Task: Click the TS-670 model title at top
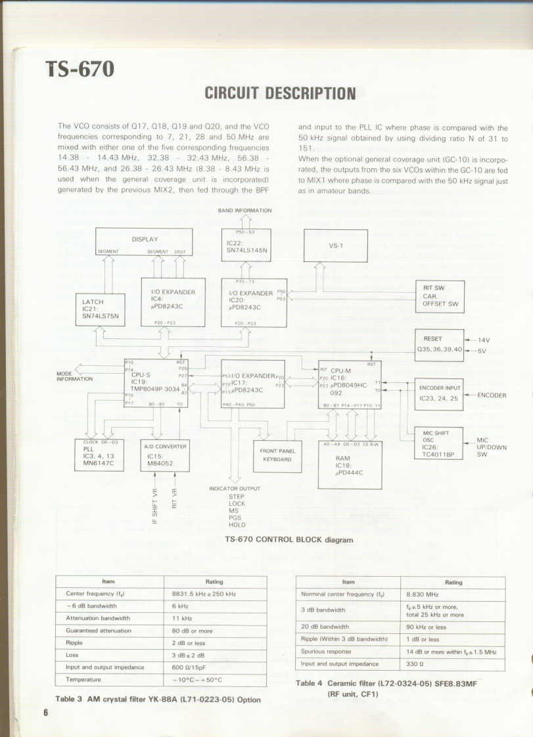tap(80, 68)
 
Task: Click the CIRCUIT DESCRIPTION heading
tap(281, 93)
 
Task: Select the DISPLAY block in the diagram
tap(144, 241)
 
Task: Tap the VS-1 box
tap(335, 246)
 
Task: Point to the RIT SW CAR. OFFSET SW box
tap(440, 296)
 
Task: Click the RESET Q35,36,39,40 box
tap(439, 344)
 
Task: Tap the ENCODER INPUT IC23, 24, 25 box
tap(439, 393)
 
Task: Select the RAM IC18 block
tap(349, 465)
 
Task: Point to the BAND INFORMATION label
tap(244, 210)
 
